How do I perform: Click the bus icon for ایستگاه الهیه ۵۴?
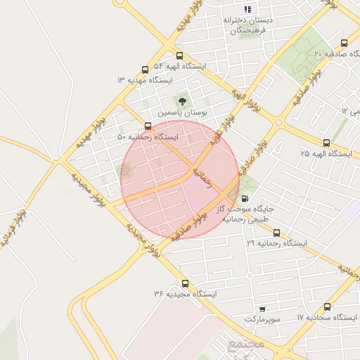(180, 56)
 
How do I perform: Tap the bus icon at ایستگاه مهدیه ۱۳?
(146, 70)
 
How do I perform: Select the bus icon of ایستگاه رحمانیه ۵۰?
(148, 126)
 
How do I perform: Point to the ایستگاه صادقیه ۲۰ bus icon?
(343, 43)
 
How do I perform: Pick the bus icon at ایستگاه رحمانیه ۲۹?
(276, 233)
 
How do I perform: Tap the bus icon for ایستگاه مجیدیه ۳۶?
(184, 283)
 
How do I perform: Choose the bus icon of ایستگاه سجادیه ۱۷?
(327, 307)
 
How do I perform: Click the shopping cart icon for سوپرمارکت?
(262, 309)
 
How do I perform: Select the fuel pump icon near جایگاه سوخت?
(243, 198)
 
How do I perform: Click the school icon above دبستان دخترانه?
(247, 10)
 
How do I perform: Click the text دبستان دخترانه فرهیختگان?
(247, 25)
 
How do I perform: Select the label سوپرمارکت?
(262, 319)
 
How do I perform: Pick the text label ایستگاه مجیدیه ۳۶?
(185, 293)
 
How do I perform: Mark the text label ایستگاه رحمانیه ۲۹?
(277, 243)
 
